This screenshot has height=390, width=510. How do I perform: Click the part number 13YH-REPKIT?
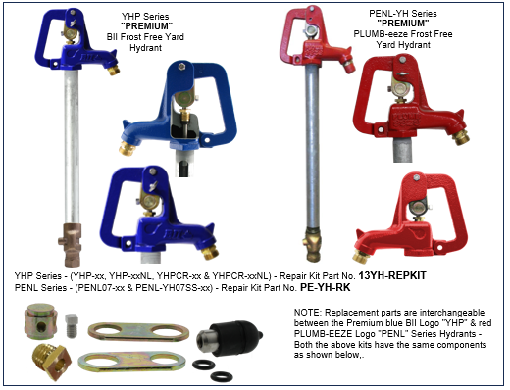click(x=392, y=276)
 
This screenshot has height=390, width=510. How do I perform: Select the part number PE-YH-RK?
click(x=326, y=287)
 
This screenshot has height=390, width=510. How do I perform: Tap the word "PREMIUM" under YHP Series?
click(x=146, y=26)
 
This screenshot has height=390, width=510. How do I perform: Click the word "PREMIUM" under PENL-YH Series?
click(x=403, y=24)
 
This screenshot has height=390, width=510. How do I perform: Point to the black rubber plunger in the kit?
click(x=229, y=339)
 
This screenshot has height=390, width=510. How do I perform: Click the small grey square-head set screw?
click(x=72, y=325)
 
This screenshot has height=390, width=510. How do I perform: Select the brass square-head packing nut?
click(x=52, y=363)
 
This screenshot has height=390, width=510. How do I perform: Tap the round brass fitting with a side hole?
click(x=40, y=321)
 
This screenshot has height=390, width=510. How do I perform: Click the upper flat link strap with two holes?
click(x=138, y=332)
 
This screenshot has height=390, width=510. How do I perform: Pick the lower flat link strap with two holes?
click(x=131, y=362)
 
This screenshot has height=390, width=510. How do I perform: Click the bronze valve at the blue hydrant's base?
click(x=70, y=244)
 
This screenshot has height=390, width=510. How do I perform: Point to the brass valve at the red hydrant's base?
click(x=313, y=244)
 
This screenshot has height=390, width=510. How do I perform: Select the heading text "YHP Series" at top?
click(x=145, y=16)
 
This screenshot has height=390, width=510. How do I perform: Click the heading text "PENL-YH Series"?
click(x=403, y=14)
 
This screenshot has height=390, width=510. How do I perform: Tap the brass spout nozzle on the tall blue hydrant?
click(x=114, y=70)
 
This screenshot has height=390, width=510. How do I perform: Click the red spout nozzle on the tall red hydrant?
click(x=349, y=67)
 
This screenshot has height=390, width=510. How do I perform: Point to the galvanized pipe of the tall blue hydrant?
click(x=72, y=147)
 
